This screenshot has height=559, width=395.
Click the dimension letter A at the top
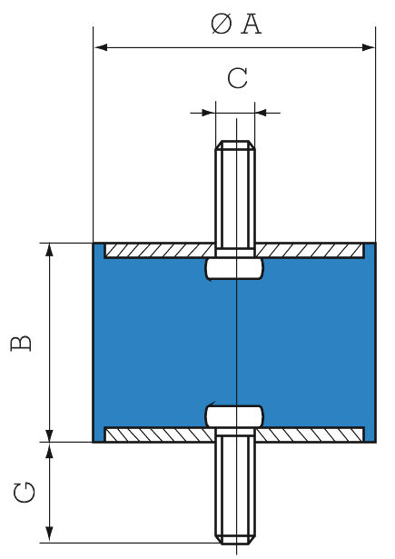click(252, 25)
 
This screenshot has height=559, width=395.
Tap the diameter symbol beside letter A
click(222, 25)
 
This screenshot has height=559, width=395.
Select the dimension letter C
click(238, 78)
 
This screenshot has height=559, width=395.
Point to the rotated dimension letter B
click(21, 344)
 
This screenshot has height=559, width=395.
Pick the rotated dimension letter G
click(25, 493)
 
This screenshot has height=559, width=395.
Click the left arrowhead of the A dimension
click(101, 47)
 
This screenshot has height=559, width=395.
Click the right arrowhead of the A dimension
click(369, 47)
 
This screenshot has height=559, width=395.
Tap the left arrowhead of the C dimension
click(209, 113)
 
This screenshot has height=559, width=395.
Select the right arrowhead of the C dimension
click(262, 113)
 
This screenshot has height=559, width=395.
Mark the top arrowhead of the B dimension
click(50, 250)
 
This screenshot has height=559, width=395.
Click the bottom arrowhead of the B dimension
click(50, 435)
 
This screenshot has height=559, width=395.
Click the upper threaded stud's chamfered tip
click(235, 145)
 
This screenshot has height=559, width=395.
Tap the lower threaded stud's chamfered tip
click(235, 539)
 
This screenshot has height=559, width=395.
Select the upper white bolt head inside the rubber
click(235, 268)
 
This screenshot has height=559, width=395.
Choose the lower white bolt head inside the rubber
click(235, 416)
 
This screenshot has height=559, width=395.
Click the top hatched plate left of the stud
click(160, 251)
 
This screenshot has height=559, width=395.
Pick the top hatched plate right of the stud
click(311, 251)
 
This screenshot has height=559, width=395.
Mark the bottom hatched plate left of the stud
click(160, 434)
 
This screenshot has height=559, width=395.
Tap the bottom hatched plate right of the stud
click(311, 434)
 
